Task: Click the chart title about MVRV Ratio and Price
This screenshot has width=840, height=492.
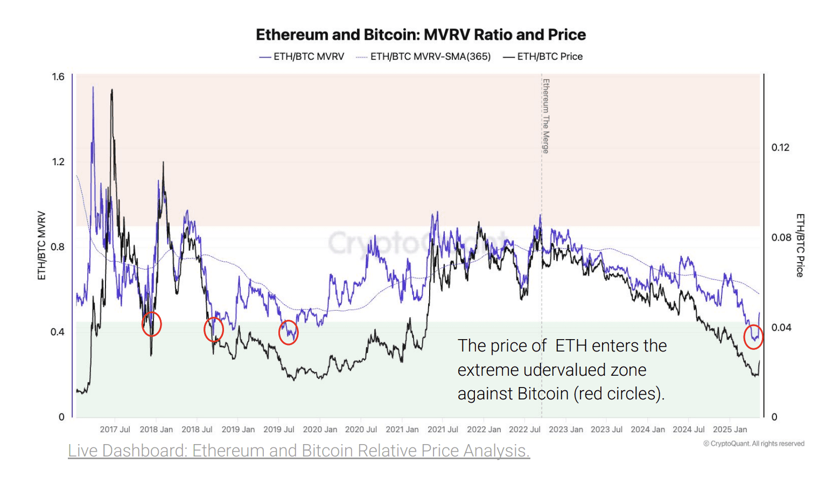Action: point(421,35)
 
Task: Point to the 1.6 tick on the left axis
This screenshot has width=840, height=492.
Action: point(58,77)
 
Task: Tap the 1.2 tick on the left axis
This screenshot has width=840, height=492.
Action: point(58,162)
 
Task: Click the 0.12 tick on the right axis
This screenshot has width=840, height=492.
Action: point(780,147)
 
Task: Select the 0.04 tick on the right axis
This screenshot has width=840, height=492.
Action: point(780,327)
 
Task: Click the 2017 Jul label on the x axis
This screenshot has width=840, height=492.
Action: point(115,430)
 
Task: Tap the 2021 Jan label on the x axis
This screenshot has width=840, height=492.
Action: point(402,430)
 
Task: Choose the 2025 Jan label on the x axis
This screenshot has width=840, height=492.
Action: point(730,430)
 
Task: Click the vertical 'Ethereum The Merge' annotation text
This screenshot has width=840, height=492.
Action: point(546,116)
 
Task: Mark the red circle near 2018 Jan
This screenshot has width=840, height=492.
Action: point(152,324)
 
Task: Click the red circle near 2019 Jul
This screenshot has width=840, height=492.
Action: point(289,333)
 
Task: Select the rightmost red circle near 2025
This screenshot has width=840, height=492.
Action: point(753,337)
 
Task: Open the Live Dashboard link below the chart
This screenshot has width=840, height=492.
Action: point(299,451)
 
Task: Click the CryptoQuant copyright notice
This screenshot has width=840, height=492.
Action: point(754,444)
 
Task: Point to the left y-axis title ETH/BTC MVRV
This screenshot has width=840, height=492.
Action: point(41,245)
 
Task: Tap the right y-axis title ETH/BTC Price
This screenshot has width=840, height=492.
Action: point(800,245)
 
